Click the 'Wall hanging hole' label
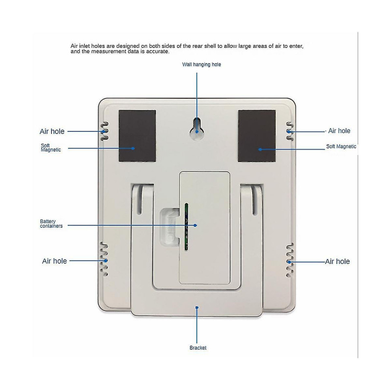(x=201, y=65)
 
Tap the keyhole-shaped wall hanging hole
(x=197, y=129)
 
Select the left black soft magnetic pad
(x=137, y=136)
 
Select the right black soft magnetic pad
(x=257, y=136)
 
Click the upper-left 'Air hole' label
(x=52, y=131)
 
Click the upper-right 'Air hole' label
(x=339, y=130)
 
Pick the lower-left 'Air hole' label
(x=54, y=261)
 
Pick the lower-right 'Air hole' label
(x=337, y=261)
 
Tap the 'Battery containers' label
(x=51, y=224)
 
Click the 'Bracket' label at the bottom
(x=198, y=348)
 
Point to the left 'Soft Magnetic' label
(x=51, y=148)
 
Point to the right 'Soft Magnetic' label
(x=341, y=146)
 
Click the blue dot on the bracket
(x=197, y=307)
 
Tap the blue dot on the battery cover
(x=195, y=225)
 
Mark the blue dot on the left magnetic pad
(x=133, y=148)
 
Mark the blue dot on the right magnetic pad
(x=260, y=150)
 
